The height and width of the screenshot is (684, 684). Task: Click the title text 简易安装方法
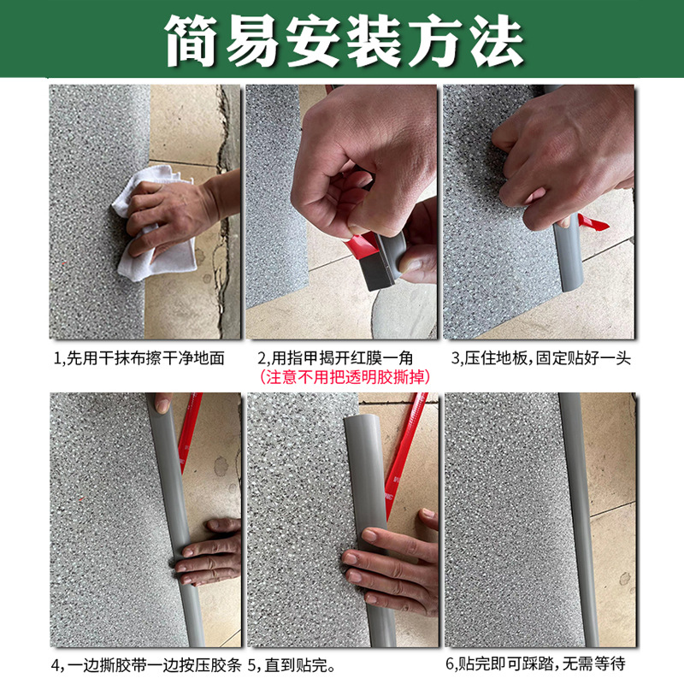[342, 40]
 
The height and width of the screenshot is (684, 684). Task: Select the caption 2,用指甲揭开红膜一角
[342, 357]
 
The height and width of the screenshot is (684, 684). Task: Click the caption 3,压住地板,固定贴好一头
[540, 357]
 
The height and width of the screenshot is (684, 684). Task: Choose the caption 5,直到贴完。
[291, 663]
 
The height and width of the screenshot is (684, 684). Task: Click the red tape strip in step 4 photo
[189, 427]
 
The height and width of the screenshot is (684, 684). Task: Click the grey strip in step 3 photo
[566, 274]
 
